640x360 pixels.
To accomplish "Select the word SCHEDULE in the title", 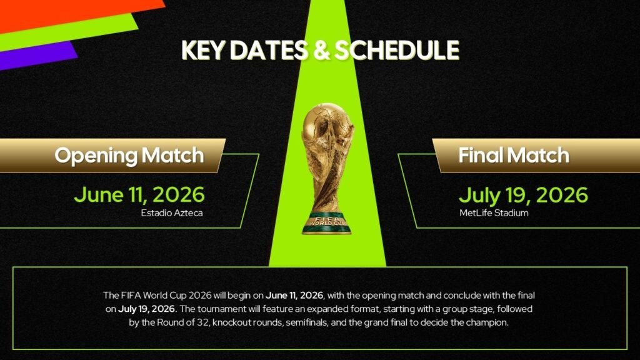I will (x=396, y=50).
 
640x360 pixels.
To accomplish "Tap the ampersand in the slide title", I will (x=321, y=50).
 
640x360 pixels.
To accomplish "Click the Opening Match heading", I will (x=129, y=155).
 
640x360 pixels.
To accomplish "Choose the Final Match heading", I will (x=514, y=155).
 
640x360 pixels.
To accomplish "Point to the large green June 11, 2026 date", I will (x=139, y=194).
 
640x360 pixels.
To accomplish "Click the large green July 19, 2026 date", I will (x=523, y=194).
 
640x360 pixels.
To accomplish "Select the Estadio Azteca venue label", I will (x=172, y=213).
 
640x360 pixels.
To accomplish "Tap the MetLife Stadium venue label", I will (x=493, y=213).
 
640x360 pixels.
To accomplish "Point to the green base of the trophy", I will (x=326, y=226).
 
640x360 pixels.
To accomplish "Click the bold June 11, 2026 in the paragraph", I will (x=294, y=294).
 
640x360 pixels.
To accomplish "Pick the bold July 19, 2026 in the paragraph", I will (x=147, y=309).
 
